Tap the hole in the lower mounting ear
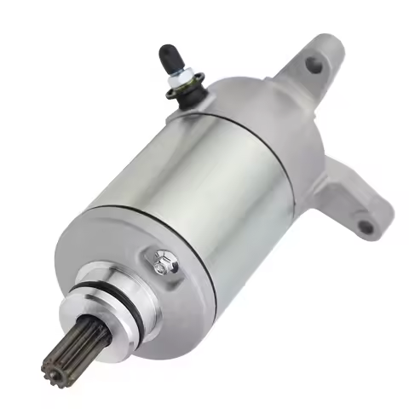pos(365,227)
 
